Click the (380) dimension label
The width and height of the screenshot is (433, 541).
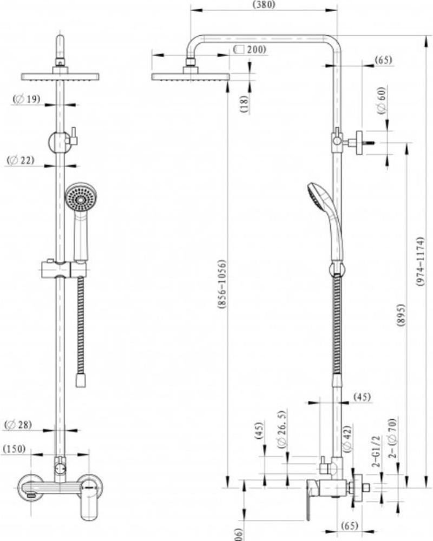tap(264, 5)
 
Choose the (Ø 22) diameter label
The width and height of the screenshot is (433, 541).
tap(21, 160)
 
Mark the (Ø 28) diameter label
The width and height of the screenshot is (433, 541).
tap(18, 425)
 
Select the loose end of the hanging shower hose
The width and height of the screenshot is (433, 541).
tap(81, 381)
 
